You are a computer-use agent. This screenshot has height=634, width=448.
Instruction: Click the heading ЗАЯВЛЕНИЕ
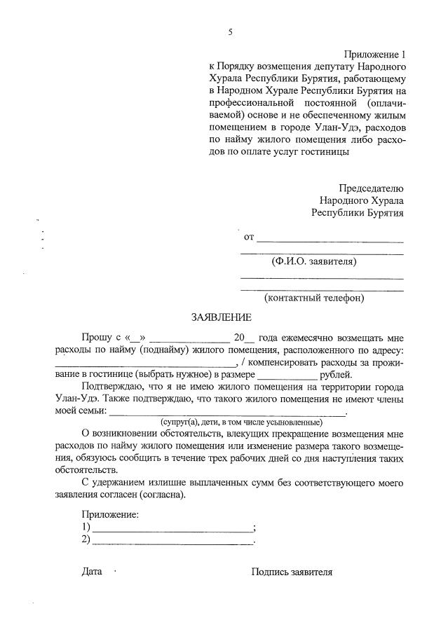point(221,317)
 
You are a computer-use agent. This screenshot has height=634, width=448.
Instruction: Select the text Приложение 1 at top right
point(374,54)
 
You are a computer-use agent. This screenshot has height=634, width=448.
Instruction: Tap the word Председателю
point(371,188)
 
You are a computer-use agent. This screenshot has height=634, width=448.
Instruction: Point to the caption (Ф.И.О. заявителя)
point(314,261)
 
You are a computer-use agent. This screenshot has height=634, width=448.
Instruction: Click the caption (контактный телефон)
point(314,298)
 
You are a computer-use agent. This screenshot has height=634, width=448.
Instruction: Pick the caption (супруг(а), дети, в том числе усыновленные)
point(240,422)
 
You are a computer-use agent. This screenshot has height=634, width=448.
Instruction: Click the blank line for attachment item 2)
point(172,541)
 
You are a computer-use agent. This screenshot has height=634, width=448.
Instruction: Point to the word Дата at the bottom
point(92,572)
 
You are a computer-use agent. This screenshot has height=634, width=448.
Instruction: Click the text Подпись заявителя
point(292,572)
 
